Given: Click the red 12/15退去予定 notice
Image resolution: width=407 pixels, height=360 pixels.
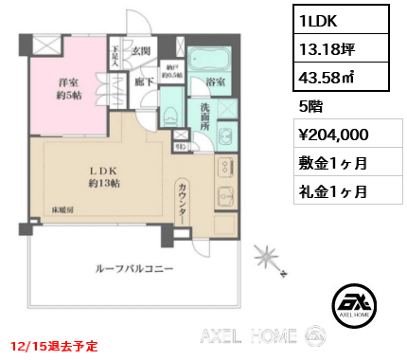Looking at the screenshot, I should (x=54, y=347).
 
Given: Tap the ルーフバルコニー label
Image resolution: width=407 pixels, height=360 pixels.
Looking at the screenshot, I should (x=132, y=269).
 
